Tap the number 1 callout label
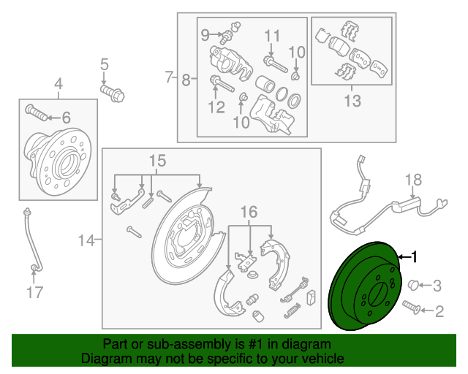[415, 256]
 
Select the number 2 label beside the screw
[439, 313]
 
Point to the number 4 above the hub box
[58, 84]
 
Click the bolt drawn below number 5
[113, 93]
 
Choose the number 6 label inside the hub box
[66, 117]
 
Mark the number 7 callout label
[168, 76]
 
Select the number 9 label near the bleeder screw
[205, 34]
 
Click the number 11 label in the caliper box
[272, 36]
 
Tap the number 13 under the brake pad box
[352, 102]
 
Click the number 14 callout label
[86, 239]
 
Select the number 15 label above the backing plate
[158, 160]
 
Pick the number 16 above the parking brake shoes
[249, 212]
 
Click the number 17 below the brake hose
[35, 294]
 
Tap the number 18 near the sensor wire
[414, 179]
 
